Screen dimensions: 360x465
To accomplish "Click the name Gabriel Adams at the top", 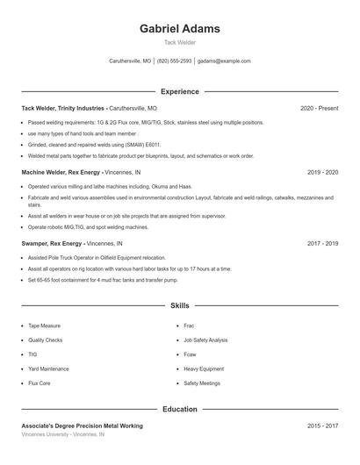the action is (180, 29).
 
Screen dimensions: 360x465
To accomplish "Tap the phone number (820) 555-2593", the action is (175, 61).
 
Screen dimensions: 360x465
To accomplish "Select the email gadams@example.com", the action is (224, 61).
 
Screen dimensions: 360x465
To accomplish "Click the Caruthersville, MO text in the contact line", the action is (130, 61).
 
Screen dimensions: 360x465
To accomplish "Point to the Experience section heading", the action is (180, 91).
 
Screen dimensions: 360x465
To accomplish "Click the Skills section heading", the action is (180, 306).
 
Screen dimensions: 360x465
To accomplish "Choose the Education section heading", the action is (180, 409).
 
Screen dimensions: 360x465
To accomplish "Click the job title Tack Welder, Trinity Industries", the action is (63, 108).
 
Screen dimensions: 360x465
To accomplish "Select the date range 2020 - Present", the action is (319, 108).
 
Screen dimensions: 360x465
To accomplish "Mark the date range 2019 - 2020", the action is (322, 172).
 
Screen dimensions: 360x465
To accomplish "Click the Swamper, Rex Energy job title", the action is (52, 243).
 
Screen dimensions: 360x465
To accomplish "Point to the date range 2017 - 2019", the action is (322, 243).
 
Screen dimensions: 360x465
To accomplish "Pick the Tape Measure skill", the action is (44, 325).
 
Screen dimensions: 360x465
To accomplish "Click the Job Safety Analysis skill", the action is (205, 340).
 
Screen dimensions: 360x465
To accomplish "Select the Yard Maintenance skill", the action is (48, 368).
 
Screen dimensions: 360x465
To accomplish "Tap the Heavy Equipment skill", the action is (203, 368).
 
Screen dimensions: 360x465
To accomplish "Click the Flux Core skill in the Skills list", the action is (40, 383).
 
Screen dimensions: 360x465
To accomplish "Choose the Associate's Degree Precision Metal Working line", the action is (82, 426).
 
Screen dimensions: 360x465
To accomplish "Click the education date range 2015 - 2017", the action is (322, 426).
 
